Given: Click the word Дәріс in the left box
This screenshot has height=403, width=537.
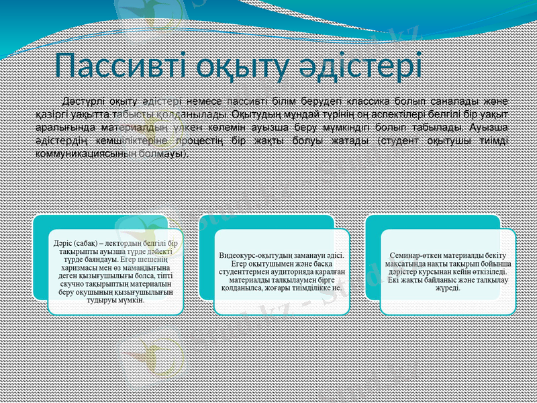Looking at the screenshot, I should coord(66,242).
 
